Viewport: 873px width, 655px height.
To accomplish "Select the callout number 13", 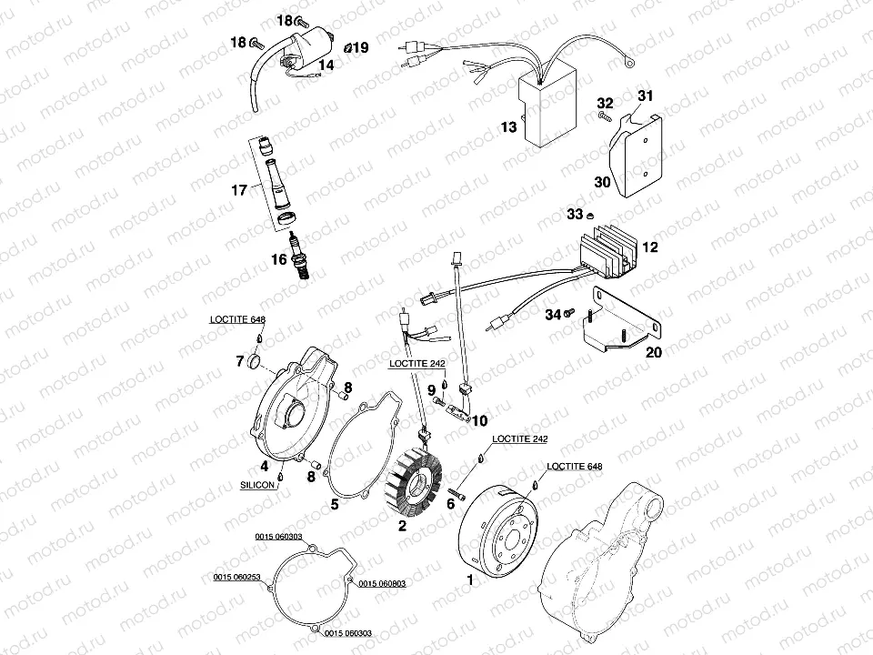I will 508,127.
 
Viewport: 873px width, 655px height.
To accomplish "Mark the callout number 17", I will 239,190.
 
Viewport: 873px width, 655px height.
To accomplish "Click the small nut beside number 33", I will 590,215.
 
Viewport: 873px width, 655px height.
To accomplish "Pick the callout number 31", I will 645,96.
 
